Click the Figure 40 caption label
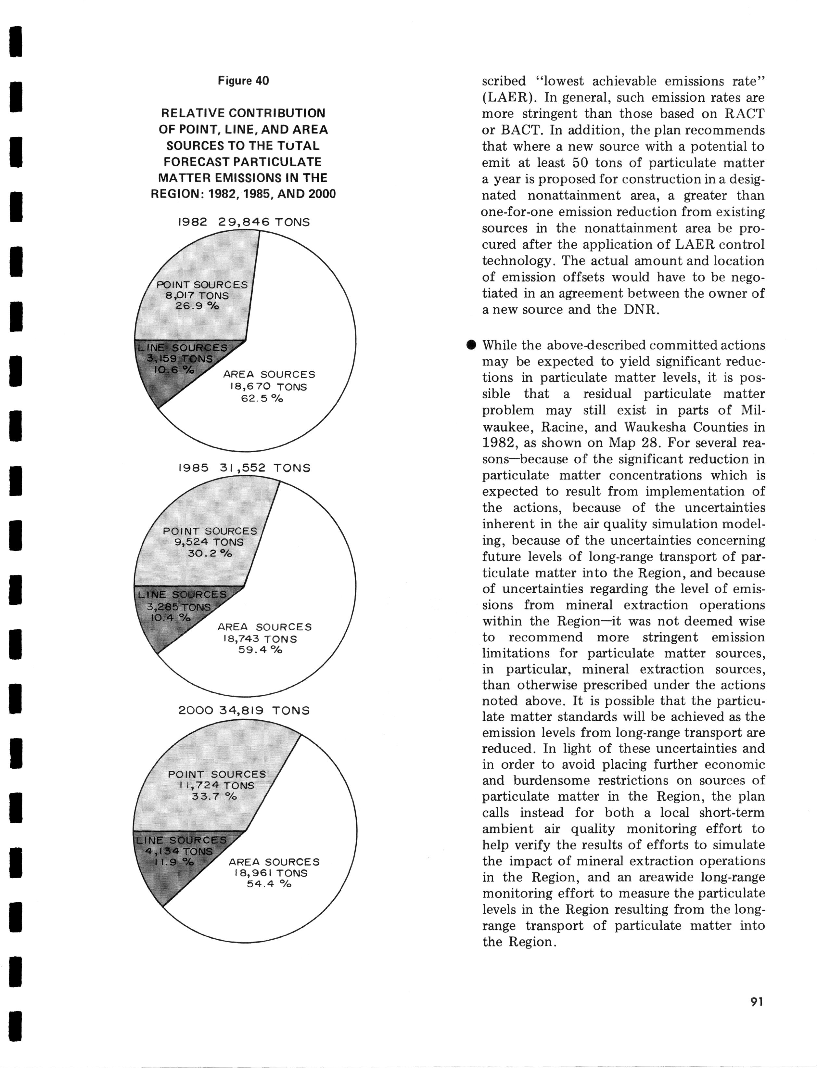(x=243, y=81)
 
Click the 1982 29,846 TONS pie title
(x=243, y=222)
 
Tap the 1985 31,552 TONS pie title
(x=244, y=468)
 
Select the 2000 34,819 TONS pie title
(x=244, y=711)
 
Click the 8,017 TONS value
(x=198, y=296)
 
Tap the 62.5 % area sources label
(x=262, y=398)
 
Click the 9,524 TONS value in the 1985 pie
(x=209, y=542)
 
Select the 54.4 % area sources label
(x=269, y=884)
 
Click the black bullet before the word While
(x=470, y=345)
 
